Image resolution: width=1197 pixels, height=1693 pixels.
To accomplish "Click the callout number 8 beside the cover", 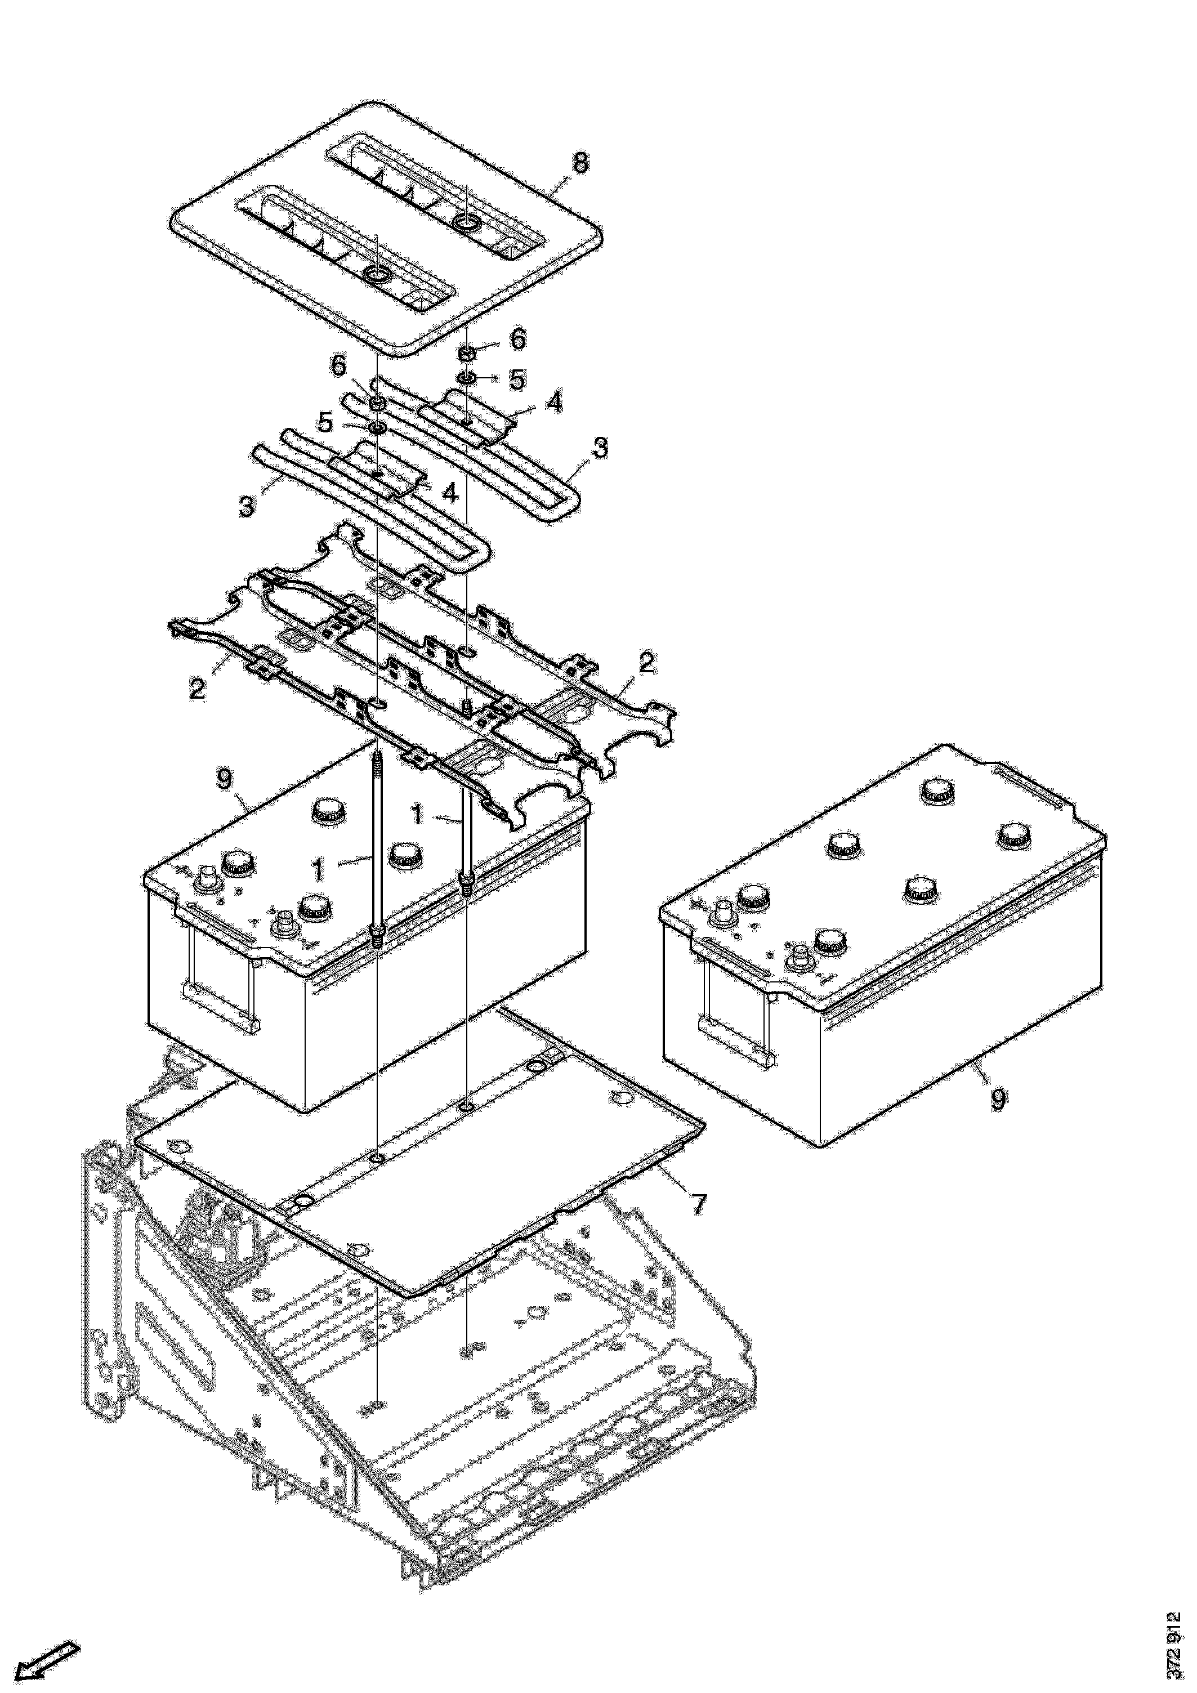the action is point(580,162).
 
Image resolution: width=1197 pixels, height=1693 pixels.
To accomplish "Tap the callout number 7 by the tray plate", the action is point(698,1205).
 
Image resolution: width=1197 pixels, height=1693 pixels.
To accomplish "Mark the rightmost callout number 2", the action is point(646,662).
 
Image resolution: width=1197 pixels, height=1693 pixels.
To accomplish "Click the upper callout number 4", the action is point(554,402).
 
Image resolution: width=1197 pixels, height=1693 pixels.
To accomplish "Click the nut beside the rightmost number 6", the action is point(467,354).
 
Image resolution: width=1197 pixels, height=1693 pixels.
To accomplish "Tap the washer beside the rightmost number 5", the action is point(467,379).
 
